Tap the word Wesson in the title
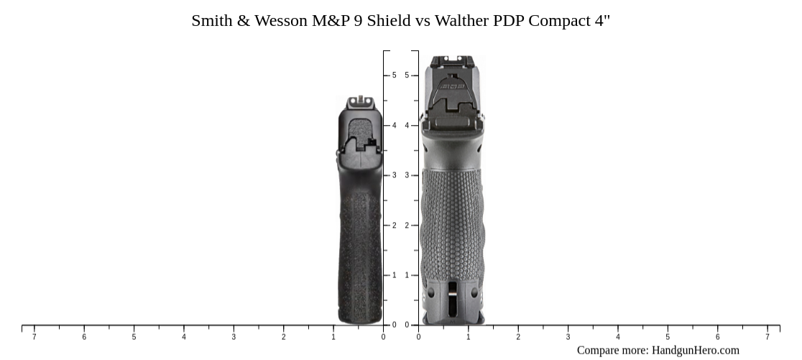tap(280, 21)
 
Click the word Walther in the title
tap(464, 21)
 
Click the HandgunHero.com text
tap(695, 351)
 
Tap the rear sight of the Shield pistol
tap(361, 103)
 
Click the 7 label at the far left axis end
tap(34, 337)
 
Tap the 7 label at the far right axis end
tap(768, 337)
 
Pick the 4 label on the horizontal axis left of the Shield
tap(183, 337)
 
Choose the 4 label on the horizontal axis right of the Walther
tap(618, 337)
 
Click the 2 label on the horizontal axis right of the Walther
tap(518, 337)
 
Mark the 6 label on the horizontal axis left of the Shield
tap(84, 337)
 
